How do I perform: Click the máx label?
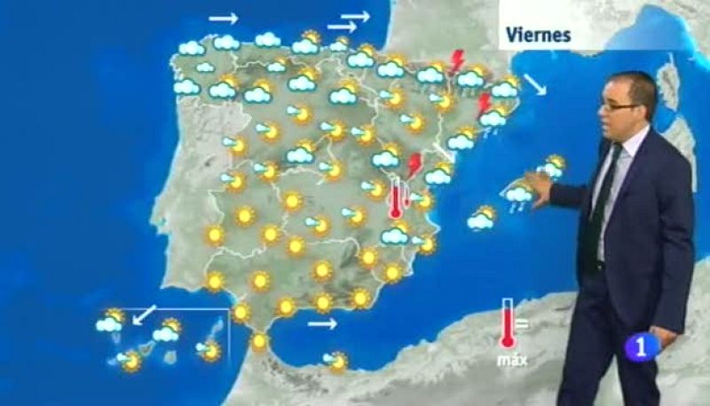[x=509, y=360]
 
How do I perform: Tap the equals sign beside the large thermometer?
[x=522, y=323]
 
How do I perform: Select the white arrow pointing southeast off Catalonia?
[x=535, y=86]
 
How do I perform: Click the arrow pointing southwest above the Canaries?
[x=144, y=314]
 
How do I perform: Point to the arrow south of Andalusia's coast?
[x=322, y=323]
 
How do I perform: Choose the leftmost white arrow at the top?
[x=223, y=18]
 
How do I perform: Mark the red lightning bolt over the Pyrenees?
[x=458, y=60]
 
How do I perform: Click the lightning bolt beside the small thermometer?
[x=413, y=165]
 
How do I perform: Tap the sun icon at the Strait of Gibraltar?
[x=259, y=342]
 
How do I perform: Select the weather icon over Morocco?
[x=335, y=360]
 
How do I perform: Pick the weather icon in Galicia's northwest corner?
[x=192, y=47]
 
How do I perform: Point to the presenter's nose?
[x=612, y=113]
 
